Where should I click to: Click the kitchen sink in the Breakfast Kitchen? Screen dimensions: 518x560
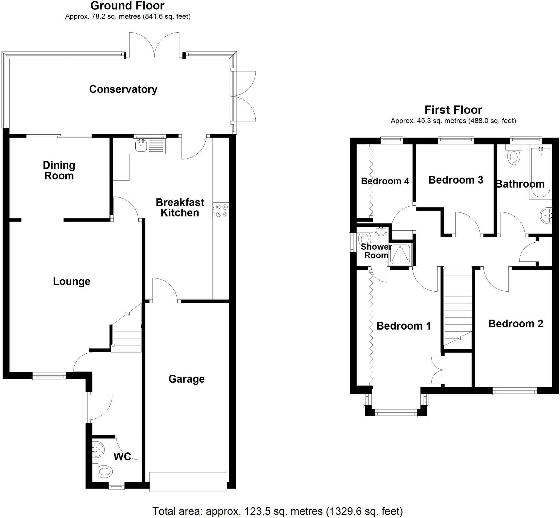click(141, 146)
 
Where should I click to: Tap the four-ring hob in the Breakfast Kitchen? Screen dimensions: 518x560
click(221, 211)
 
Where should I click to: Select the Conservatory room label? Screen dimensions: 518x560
click(123, 89)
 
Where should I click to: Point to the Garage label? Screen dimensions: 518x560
click(186, 379)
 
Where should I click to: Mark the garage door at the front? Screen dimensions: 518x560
click(188, 482)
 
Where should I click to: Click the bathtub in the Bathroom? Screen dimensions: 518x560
click(540, 172)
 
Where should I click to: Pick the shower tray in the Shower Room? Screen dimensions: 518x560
click(400, 255)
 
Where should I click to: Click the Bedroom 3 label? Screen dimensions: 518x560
click(456, 180)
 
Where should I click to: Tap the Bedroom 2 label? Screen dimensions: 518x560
click(516, 324)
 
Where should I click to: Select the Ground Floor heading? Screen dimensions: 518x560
click(127, 5)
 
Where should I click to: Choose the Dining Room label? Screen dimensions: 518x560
click(59, 170)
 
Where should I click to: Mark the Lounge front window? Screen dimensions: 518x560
click(49, 376)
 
